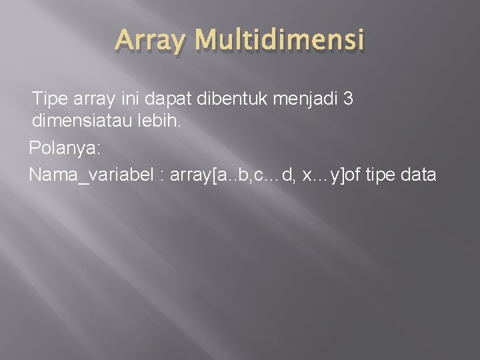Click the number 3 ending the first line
click(348, 99)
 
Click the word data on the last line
click(421, 175)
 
